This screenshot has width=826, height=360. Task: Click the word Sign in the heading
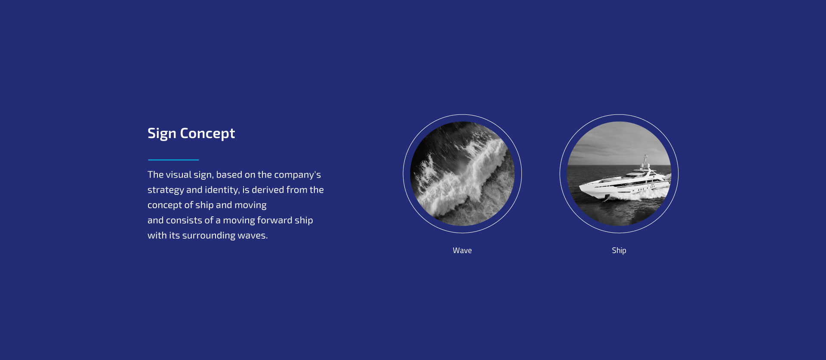pyautogui.click(x=162, y=134)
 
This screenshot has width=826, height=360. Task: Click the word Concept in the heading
pyautogui.click(x=207, y=134)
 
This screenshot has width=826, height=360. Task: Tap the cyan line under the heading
pyautogui.click(x=173, y=160)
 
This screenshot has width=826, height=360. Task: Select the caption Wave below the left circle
pyautogui.click(x=462, y=250)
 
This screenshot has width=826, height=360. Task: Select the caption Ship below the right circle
pyautogui.click(x=619, y=250)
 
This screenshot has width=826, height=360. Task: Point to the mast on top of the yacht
pyautogui.click(x=645, y=160)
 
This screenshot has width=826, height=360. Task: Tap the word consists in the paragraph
pyautogui.click(x=184, y=220)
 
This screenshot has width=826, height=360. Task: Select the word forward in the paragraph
pyautogui.click(x=274, y=220)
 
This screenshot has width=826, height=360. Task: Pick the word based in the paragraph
pyautogui.click(x=229, y=175)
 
